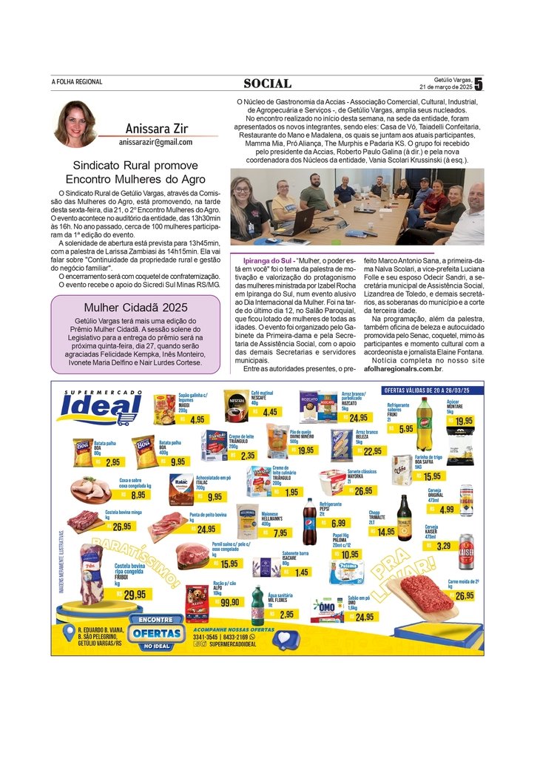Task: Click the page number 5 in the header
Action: coord(479,84)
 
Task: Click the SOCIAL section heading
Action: coord(267,83)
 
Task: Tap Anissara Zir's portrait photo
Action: coord(75,124)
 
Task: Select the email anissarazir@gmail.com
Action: coord(155,142)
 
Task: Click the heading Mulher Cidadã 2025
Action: coord(135,308)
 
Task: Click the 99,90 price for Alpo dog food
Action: coord(229,602)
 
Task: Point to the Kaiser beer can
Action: coord(466,550)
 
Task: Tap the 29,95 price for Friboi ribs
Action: coord(134,594)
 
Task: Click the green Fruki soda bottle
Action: coord(424,424)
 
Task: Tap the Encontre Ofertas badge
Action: coord(156,632)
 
